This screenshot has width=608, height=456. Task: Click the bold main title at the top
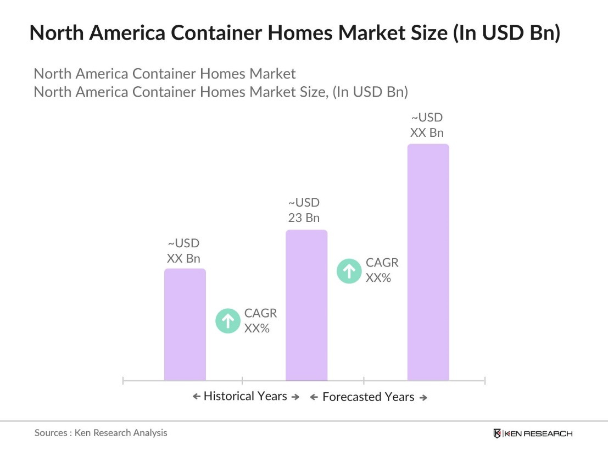pos(294,33)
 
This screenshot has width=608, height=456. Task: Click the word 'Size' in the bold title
pos(432,33)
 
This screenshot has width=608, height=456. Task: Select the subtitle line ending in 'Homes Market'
pos(165,74)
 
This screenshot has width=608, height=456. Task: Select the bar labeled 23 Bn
pos(306,305)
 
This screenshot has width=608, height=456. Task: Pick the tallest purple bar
pos(428,262)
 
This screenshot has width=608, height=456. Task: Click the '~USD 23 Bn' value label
pos(304,210)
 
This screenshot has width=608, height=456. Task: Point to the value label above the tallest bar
pos(427,125)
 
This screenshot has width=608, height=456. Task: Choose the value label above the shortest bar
pos(183,251)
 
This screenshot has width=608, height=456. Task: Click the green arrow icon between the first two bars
pos(227,321)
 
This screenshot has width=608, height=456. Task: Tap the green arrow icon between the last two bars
pos(349,270)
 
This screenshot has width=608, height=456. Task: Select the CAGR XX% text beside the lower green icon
pos(260,321)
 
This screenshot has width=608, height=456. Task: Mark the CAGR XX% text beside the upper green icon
pos(382,270)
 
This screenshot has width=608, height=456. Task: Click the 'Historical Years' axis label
pos(245,396)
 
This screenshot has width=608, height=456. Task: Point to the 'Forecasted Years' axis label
pos(368,397)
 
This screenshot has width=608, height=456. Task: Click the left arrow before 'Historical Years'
pos(196,397)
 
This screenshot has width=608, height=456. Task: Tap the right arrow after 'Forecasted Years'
pos(423,397)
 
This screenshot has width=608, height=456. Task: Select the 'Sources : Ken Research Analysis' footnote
pos(101,433)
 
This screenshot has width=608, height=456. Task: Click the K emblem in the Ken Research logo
pos(497,433)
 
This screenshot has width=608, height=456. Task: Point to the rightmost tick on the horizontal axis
pos(484,380)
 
